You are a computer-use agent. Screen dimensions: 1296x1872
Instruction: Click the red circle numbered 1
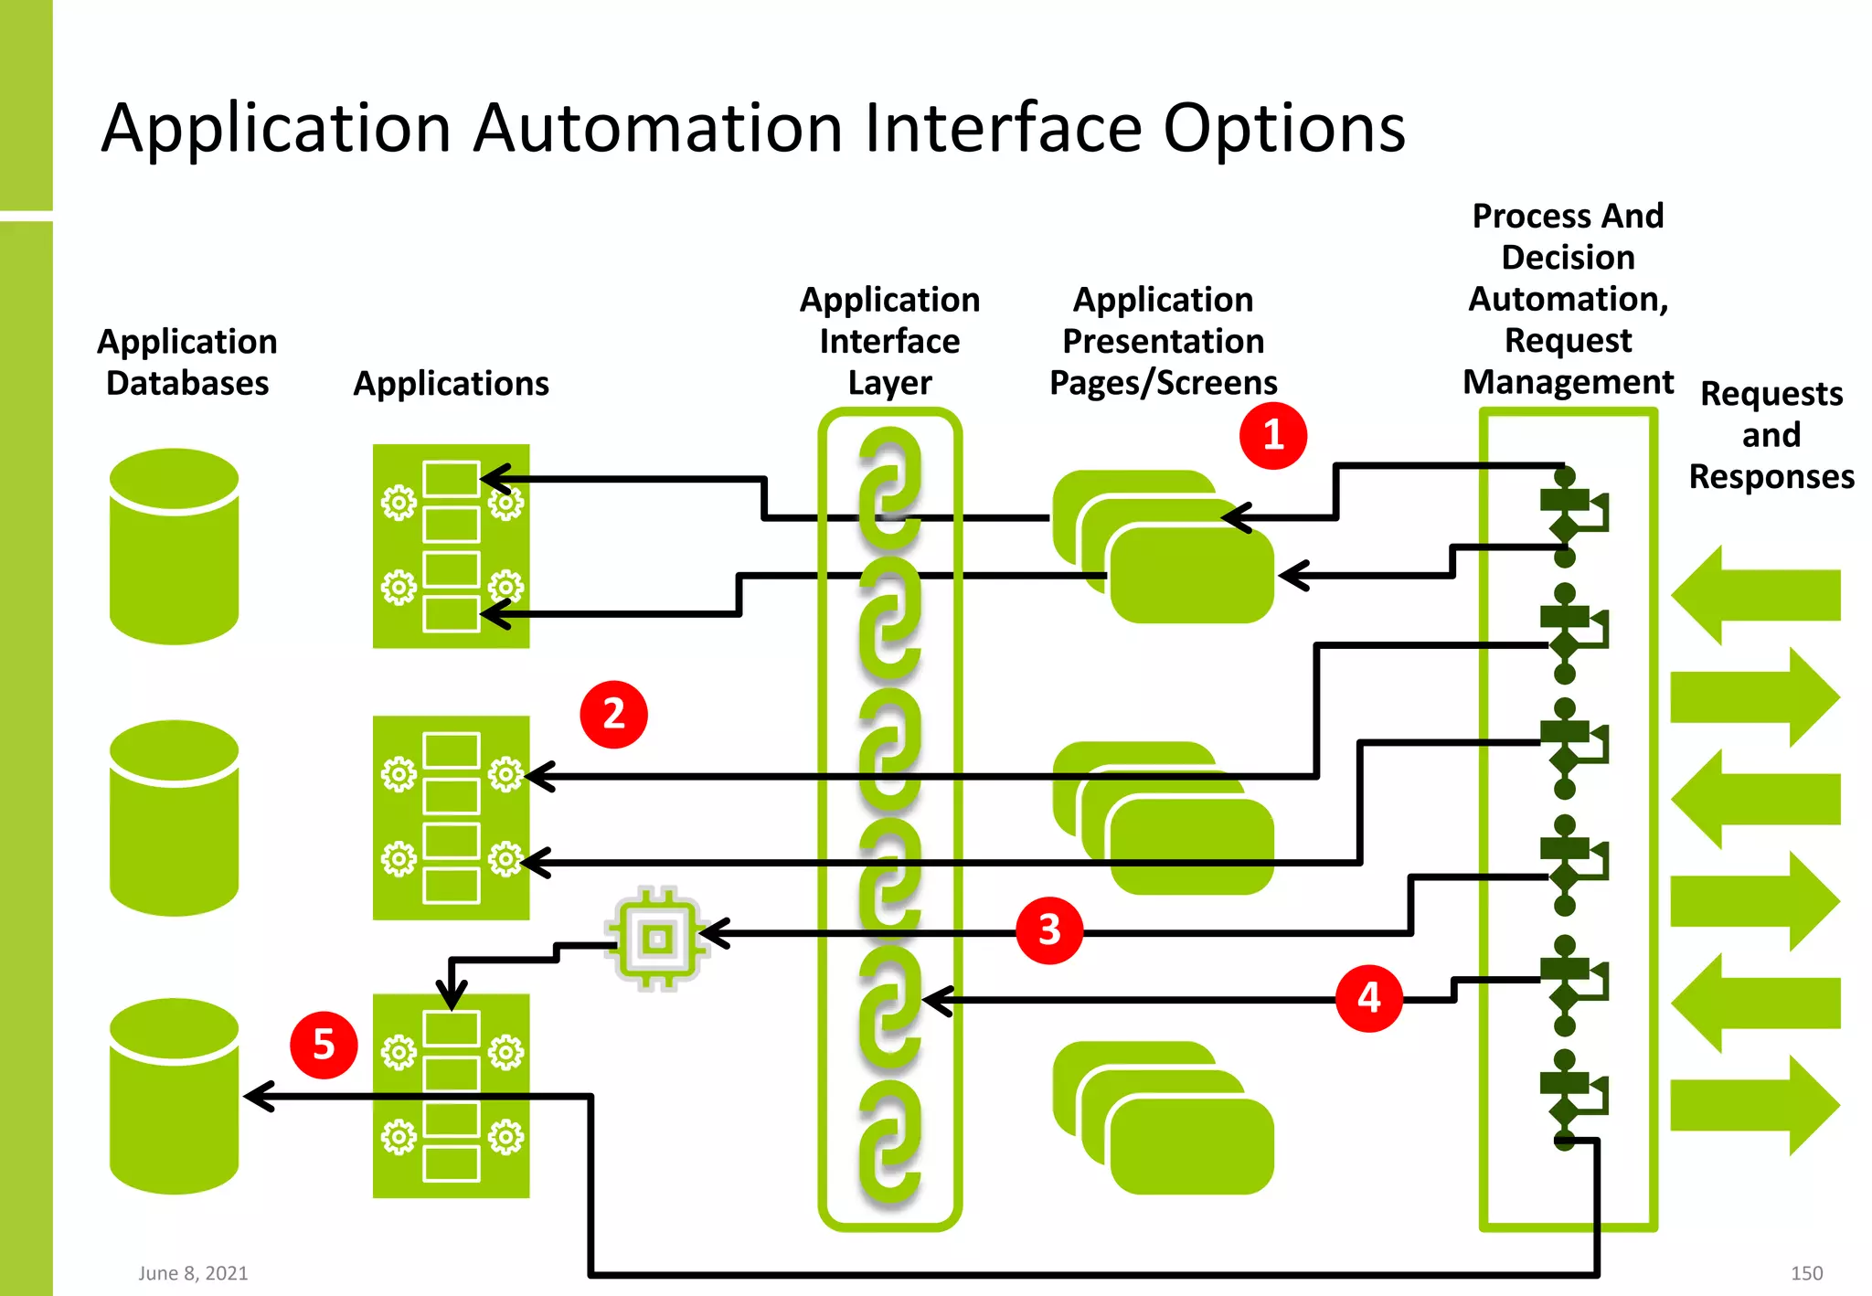(1273, 436)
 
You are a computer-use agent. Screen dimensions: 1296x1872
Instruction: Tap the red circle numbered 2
(613, 715)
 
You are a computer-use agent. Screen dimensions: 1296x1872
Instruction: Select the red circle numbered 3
(1049, 930)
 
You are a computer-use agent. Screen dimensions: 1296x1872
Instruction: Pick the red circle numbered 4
(1368, 998)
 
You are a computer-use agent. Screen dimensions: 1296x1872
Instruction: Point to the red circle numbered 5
(324, 1045)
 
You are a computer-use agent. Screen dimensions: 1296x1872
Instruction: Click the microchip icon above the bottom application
(657, 939)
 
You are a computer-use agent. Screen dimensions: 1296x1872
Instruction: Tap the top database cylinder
(174, 546)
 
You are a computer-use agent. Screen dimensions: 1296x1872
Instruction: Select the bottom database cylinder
(174, 1096)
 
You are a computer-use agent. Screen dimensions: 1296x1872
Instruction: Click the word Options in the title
(1284, 129)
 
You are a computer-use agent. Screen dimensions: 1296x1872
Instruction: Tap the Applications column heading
(451, 384)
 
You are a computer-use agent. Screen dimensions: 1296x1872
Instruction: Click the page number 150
(1806, 1273)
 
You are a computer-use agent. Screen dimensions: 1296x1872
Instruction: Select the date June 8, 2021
(193, 1273)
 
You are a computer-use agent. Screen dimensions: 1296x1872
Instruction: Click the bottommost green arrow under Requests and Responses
(1754, 1105)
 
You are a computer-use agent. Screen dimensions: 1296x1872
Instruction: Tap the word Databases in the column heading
(187, 384)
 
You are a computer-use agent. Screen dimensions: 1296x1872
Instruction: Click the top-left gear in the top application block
(399, 503)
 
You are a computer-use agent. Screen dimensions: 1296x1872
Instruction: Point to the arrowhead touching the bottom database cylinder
(259, 1096)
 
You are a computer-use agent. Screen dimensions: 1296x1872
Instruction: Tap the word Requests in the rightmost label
(1771, 394)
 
